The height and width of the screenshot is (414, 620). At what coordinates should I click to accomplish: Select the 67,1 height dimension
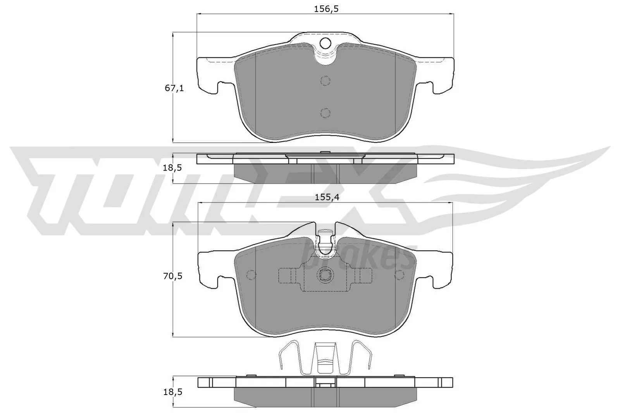coord(174,88)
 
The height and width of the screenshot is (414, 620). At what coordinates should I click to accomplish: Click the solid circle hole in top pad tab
coord(325,43)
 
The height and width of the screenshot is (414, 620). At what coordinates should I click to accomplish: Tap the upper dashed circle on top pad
coord(325,81)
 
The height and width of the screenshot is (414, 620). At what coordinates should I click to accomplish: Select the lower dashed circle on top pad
coord(325,113)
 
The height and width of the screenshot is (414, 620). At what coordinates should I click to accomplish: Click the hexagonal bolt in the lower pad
coord(325,275)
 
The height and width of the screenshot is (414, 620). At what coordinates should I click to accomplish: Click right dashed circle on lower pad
coord(399,275)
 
